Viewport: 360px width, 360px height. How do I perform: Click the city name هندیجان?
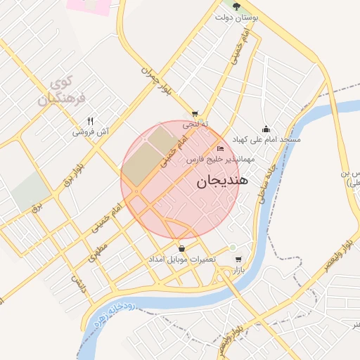pyautogui.click(x=219, y=181)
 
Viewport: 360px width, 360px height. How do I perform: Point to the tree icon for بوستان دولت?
pyautogui.click(x=236, y=6)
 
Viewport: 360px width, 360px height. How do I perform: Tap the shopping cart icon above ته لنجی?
pyautogui.click(x=195, y=113)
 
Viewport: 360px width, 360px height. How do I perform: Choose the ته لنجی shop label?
pyautogui.click(x=196, y=124)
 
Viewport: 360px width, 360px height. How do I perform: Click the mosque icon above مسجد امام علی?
pyautogui.click(x=266, y=129)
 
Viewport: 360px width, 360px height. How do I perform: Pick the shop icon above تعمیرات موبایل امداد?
pyautogui.click(x=183, y=248)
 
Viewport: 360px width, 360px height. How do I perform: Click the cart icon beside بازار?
pyautogui.click(x=238, y=259)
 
